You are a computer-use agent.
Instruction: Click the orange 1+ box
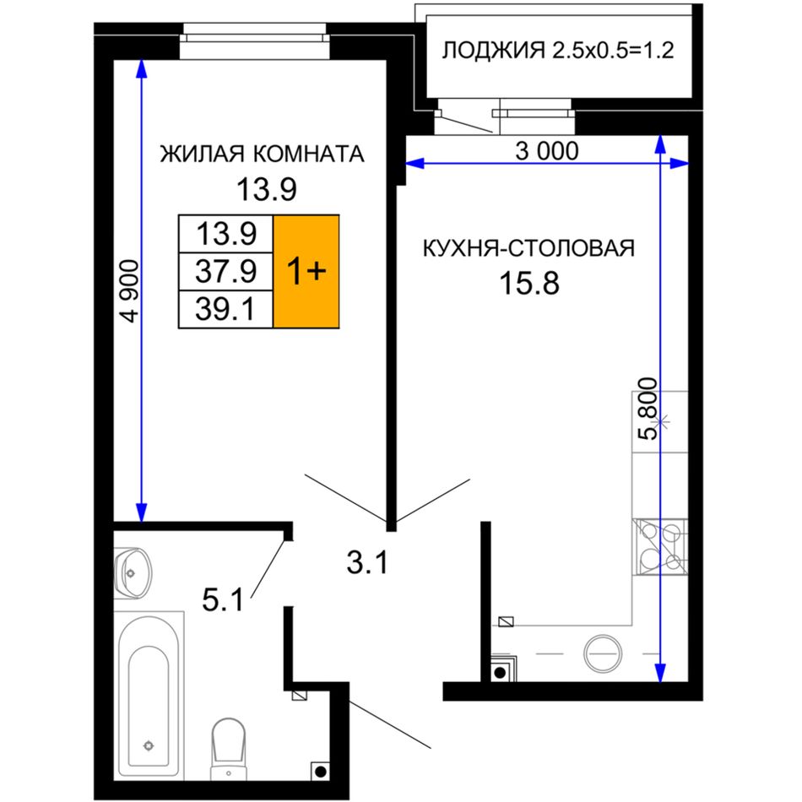306,271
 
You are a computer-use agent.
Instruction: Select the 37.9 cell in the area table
225,271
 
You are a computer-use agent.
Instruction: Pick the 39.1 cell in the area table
225,310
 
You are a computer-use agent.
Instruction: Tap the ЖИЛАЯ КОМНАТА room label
262,154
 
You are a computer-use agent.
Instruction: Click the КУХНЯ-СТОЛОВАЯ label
528,248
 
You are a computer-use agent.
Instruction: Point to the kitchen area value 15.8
529,284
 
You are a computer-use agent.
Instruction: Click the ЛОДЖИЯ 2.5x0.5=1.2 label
557,51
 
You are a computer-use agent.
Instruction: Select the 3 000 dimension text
546,151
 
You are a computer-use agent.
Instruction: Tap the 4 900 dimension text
131,291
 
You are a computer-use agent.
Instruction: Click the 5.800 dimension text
648,408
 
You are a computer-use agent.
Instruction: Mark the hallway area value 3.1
367,563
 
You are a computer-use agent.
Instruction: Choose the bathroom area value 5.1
223,600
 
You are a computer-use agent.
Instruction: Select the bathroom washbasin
133,573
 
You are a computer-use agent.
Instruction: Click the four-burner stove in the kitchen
660,546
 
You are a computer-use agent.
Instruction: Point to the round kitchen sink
604,653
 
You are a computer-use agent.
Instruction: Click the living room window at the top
254,41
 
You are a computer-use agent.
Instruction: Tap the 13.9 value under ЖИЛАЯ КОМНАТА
266,189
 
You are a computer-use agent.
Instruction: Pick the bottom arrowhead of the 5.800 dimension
660,672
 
